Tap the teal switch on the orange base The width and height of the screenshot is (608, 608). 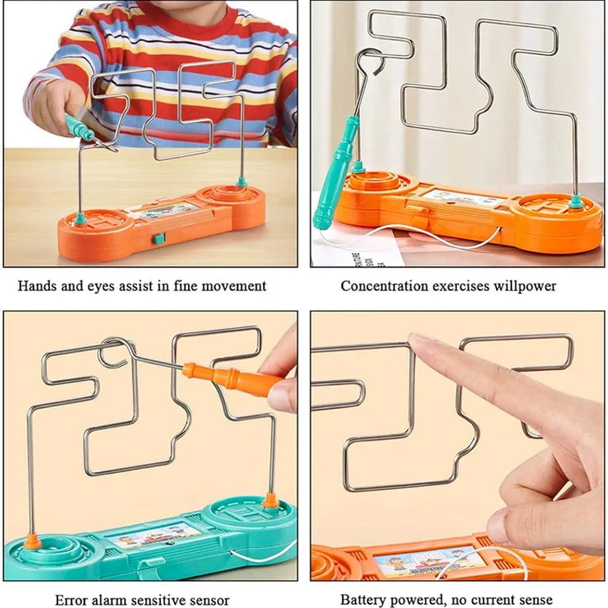pyautogui.click(x=158, y=239)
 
